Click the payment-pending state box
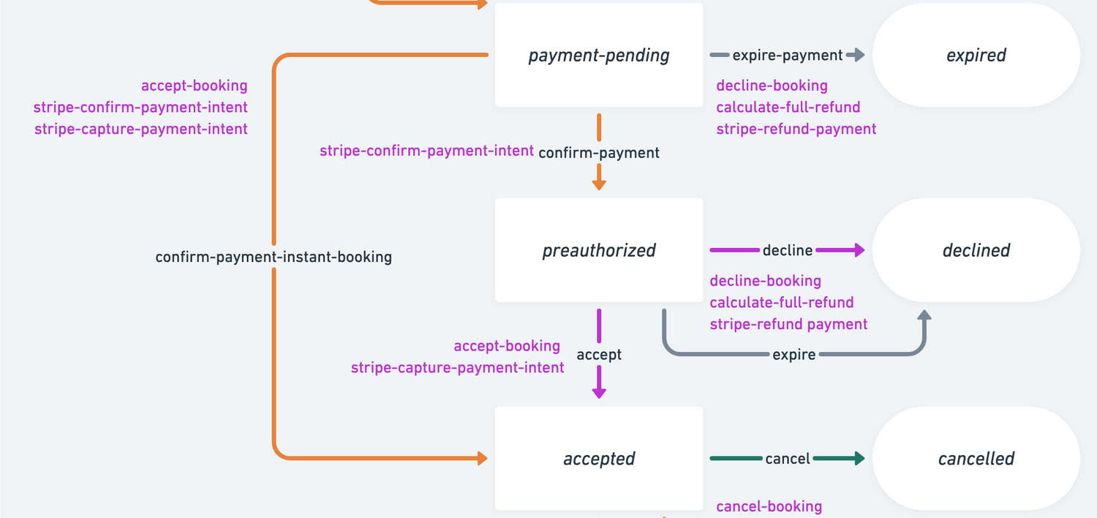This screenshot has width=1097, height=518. [x=599, y=56]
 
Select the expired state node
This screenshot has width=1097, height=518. [x=976, y=56]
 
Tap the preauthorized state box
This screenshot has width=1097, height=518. [x=599, y=250]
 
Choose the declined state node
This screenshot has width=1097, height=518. [x=976, y=250]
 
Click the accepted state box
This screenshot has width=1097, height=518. [x=599, y=459]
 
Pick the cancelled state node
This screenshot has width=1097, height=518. [x=976, y=459]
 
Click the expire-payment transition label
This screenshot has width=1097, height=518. [x=788, y=56]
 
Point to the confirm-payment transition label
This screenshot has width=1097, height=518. [x=599, y=152]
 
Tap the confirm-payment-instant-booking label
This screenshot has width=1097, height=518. [x=274, y=257]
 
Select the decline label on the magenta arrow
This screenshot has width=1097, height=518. [x=788, y=250]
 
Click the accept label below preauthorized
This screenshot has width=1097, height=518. [x=599, y=354]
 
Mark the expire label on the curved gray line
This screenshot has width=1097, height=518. [x=793, y=354]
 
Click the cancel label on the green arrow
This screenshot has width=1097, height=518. [x=788, y=459]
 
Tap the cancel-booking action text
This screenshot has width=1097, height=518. [x=769, y=506]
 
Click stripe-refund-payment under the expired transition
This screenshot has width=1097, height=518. [x=796, y=129]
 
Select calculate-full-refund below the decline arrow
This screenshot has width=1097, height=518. [x=781, y=302]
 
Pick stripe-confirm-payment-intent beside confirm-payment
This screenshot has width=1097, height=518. [x=426, y=151]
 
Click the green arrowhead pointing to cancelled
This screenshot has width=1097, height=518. [x=858, y=459]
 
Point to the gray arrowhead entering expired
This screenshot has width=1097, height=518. [x=858, y=56]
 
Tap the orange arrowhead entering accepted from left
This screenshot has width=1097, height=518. [x=481, y=459]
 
